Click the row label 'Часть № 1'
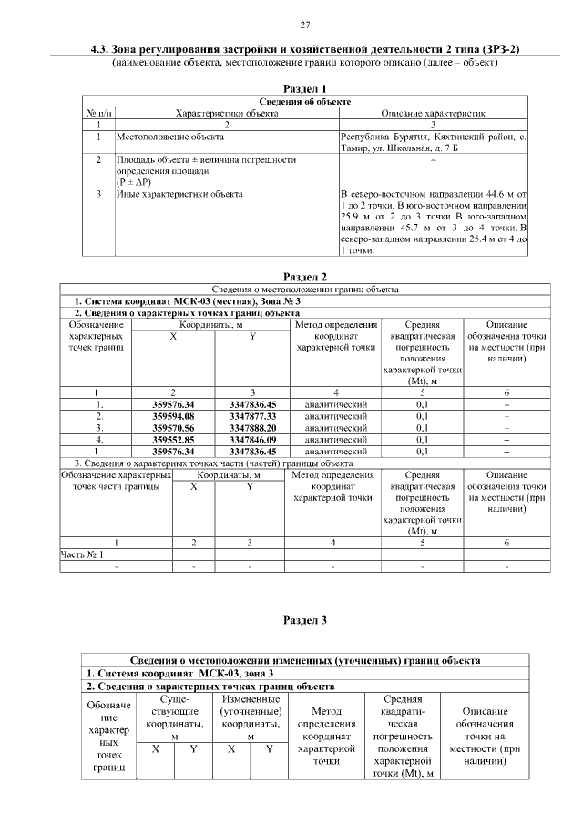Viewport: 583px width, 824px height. tap(82, 554)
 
